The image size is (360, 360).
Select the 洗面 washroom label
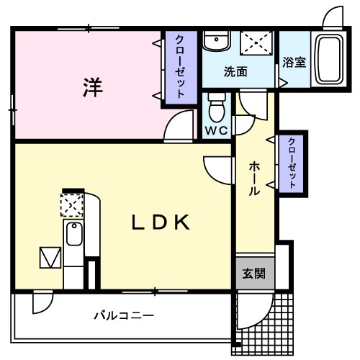(235, 72)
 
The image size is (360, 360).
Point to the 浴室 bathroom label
(294, 62)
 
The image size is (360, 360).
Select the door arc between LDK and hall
(216, 168)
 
